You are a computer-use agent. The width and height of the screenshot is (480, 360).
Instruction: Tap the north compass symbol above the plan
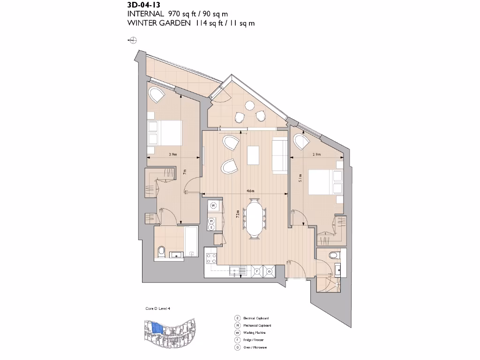pyautogui.click(x=133, y=41)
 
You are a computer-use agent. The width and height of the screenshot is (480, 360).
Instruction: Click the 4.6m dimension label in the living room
pyautogui.click(x=250, y=191)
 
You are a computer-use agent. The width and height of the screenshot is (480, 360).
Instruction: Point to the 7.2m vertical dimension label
pyautogui.click(x=238, y=214)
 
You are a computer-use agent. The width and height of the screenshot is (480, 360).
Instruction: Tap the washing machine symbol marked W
pyautogui.click(x=213, y=205)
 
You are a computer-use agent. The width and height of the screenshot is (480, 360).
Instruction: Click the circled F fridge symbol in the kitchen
pyautogui.click(x=257, y=270)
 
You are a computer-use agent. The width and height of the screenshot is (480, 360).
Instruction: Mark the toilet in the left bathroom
pyautogui.click(x=161, y=252)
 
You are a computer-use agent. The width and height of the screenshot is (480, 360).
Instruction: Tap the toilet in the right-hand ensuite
pyautogui.click(x=334, y=255)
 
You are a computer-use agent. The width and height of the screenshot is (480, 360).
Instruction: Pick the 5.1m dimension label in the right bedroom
pyautogui.click(x=300, y=177)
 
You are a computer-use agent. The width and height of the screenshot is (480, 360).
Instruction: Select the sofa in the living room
pyautogui.click(x=280, y=154)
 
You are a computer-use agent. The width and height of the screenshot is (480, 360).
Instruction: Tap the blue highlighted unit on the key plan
pyautogui.click(x=157, y=328)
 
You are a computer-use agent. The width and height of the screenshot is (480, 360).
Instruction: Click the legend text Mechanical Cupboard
pyautogui.click(x=257, y=325)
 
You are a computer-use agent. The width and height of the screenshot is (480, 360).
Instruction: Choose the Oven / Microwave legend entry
pyautogui.click(x=255, y=347)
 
